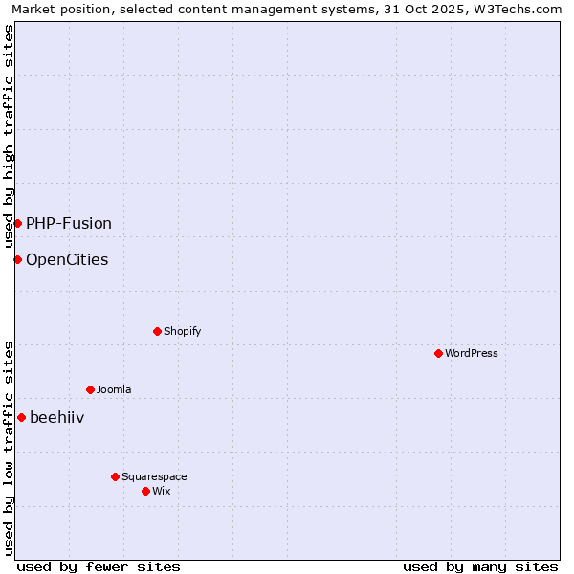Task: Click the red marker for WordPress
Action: (x=438, y=353)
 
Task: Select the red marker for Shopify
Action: (x=157, y=331)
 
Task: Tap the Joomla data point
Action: (x=90, y=389)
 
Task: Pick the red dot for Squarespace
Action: (x=115, y=476)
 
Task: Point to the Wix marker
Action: (x=145, y=491)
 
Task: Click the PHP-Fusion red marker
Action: (x=17, y=223)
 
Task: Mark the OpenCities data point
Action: (x=17, y=259)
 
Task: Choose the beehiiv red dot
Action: (x=21, y=417)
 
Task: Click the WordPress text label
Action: (x=472, y=353)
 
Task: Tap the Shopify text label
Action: (x=182, y=331)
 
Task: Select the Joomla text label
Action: (x=114, y=389)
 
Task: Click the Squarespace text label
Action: (x=154, y=476)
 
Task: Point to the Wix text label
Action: (x=161, y=491)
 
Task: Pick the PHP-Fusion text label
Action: (x=69, y=223)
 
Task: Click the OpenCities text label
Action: (x=67, y=259)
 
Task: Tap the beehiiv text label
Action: (x=57, y=417)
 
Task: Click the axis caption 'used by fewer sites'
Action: (x=99, y=566)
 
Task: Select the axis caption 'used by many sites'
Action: (x=480, y=566)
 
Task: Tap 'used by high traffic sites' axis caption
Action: (x=10, y=136)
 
